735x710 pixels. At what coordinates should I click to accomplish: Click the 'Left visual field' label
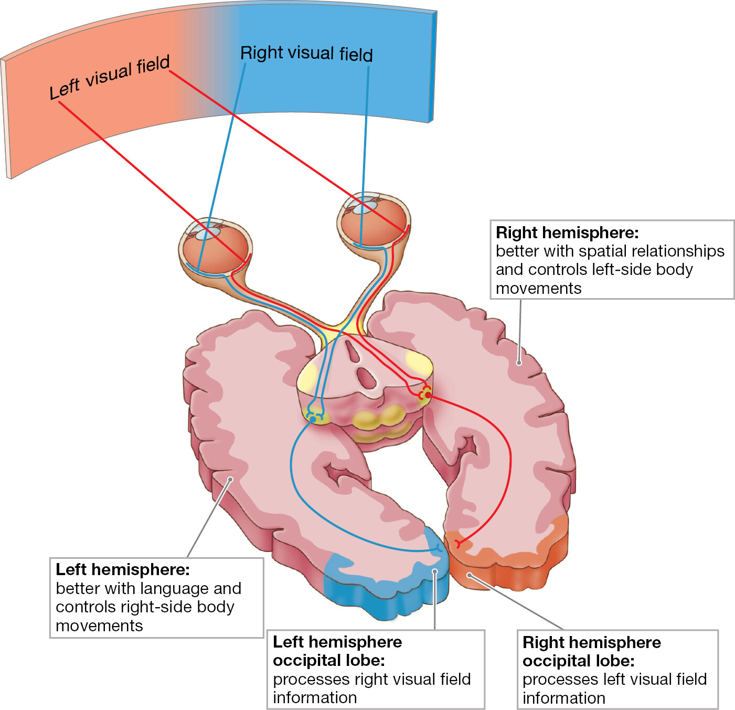pyautogui.click(x=110, y=77)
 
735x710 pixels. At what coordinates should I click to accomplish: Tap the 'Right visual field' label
pyautogui.click(x=306, y=54)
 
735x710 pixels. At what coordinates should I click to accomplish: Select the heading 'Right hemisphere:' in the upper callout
pyautogui.click(x=567, y=232)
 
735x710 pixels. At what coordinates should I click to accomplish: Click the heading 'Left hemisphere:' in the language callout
pyautogui.click(x=123, y=569)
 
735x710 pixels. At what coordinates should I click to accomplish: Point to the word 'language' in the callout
pyautogui.click(x=175, y=588)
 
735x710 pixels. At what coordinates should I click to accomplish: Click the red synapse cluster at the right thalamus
pyautogui.click(x=425, y=393)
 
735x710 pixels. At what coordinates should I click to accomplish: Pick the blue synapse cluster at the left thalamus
pyautogui.click(x=314, y=418)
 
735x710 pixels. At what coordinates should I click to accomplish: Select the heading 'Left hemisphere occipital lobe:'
pyautogui.click(x=337, y=651)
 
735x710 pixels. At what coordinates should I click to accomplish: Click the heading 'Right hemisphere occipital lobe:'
pyautogui.click(x=591, y=651)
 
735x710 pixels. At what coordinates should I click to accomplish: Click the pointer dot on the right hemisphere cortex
pyautogui.click(x=519, y=363)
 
